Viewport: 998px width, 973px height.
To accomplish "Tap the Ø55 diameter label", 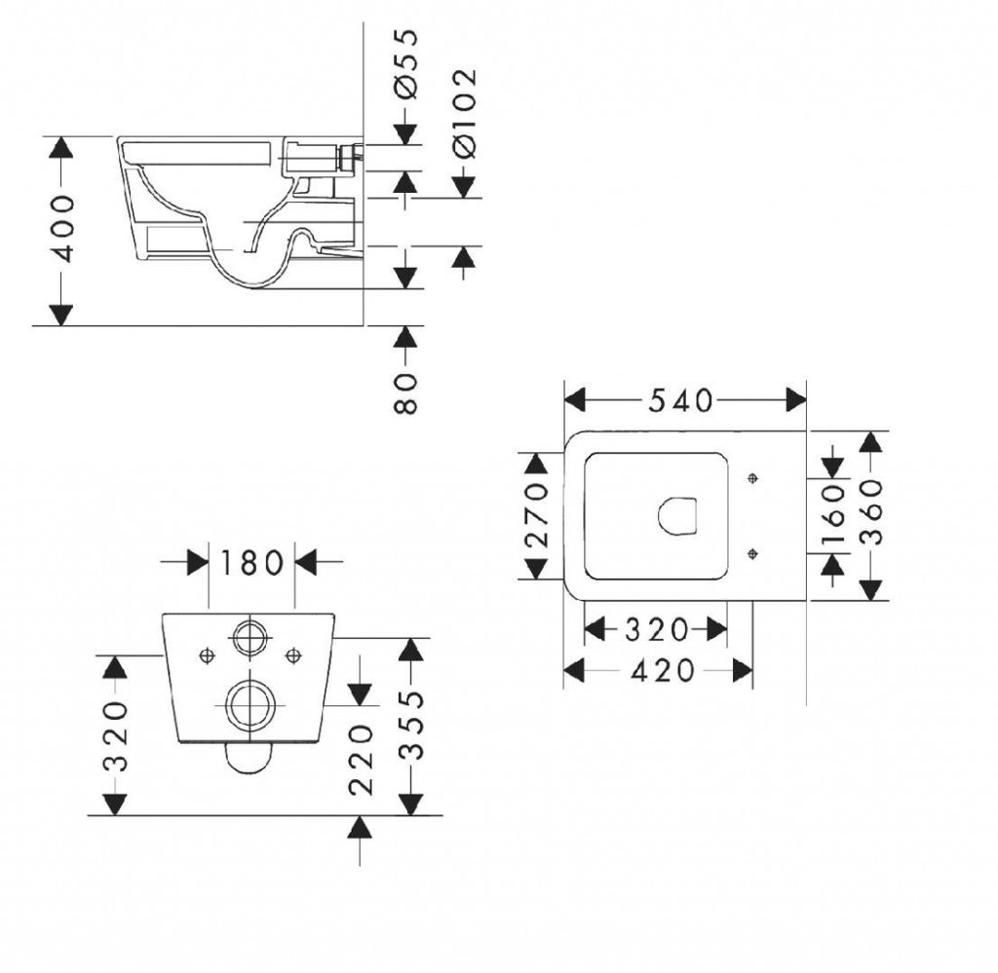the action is point(406,64).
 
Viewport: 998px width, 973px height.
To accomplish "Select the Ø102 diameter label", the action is point(464,113).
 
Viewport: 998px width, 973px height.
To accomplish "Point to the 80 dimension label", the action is point(405,393).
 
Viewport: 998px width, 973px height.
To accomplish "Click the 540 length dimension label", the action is point(680,400).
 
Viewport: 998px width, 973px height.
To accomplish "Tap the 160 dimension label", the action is point(833,516).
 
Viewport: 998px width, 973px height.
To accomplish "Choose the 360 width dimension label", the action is point(871,512).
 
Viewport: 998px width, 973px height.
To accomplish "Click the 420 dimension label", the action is point(663,671).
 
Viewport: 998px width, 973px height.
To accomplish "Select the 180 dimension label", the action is point(252,563).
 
